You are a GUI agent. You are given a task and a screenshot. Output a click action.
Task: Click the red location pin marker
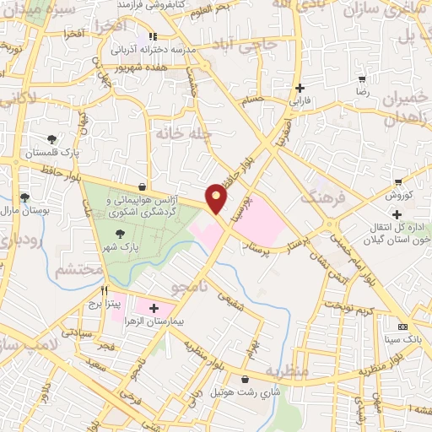tap(217, 198)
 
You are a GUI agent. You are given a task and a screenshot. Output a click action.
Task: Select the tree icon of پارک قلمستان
tap(52, 138)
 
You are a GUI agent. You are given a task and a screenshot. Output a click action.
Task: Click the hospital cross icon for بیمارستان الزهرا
tap(154, 309)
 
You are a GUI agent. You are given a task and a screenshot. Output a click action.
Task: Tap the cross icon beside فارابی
tap(300, 87)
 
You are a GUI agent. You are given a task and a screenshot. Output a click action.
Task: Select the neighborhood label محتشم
tap(78, 271)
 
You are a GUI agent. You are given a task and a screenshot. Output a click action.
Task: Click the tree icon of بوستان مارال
tap(24, 197)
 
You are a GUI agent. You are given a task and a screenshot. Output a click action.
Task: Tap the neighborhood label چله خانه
tap(175, 132)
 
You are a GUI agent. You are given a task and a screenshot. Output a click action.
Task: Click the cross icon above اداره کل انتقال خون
tap(396, 215)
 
